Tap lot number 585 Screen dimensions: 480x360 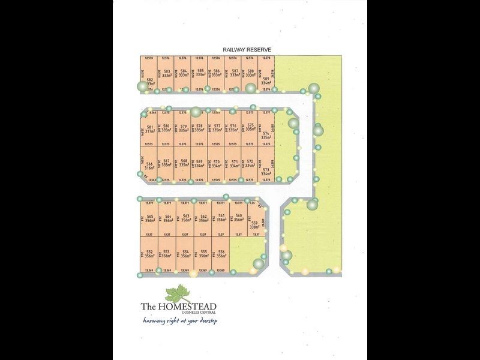click(x=200, y=74)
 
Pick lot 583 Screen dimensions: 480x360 click(x=167, y=74)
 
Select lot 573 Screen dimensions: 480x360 click(x=266, y=172)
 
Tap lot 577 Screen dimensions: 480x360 click(x=217, y=128)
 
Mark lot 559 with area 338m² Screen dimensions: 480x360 click(x=254, y=225)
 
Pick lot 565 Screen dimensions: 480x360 click(x=151, y=218)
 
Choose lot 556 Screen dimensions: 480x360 click(x=221, y=254)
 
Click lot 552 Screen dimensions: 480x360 click(x=151, y=254)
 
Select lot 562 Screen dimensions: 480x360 click(x=203, y=218)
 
